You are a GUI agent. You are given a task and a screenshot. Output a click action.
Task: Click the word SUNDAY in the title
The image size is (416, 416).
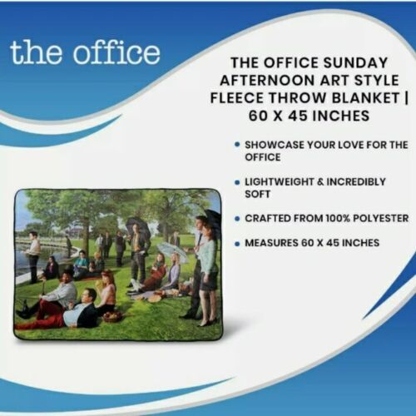pyautogui.click(x=355, y=62)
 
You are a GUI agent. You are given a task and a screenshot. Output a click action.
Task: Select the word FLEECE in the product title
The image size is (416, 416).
pyautogui.click(x=237, y=98)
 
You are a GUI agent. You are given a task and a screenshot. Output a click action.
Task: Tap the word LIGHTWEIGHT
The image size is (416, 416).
pyautogui.click(x=279, y=182)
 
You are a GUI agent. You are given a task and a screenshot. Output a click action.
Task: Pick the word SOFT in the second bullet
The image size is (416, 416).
pyautogui.click(x=257, y=194)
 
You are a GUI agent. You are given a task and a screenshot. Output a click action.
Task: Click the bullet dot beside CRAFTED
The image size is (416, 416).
pyautogui.click(x=237, y=219)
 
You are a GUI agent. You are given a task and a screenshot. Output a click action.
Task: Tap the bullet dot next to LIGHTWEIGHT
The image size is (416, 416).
pyautogui.click(x=237, y=182)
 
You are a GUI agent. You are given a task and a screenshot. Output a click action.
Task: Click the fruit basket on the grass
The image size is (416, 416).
pyautogui.click(x=111, y=316)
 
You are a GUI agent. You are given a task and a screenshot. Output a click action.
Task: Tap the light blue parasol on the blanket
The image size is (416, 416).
pyautogui.click(x=173, y=250)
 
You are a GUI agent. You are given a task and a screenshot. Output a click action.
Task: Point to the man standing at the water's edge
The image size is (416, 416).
pyautogui.click(x=33, y=256)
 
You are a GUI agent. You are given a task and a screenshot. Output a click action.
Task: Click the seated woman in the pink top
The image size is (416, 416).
pyautogui.click(x=107, y=291)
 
